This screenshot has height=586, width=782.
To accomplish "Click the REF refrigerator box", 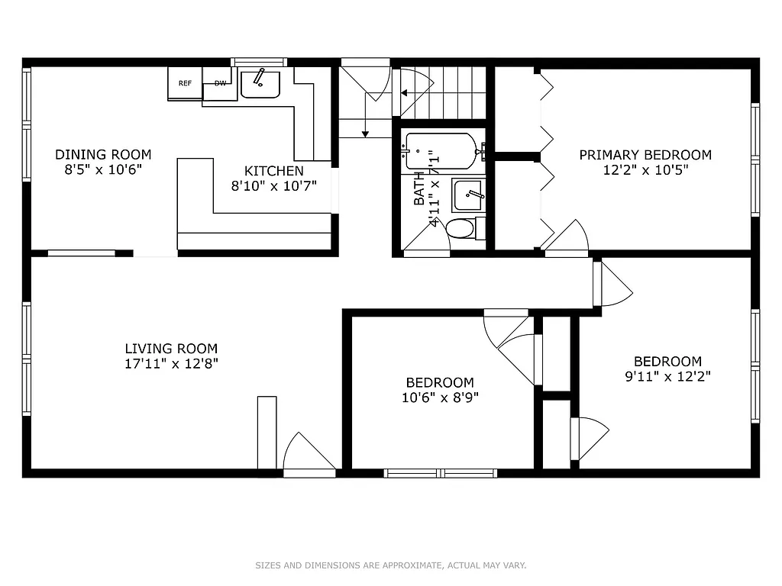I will (x=185, y=84).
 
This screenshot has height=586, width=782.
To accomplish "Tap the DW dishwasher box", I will (x=220, y=84).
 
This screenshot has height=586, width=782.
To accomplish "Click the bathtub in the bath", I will (x=440, y=151).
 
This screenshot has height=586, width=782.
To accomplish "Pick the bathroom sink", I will (x=467, y=195).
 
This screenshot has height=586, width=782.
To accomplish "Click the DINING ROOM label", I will (x=103, y=155).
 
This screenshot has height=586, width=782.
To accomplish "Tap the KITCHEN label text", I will (x=273, y=171).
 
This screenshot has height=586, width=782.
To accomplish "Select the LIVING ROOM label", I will (x=171, y=349).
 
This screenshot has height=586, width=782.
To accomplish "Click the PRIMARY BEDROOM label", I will (x=645, y=155).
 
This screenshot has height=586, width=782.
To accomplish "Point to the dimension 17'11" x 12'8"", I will (x=171, y=364).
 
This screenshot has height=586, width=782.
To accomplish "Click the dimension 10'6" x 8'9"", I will (x=439, y=397).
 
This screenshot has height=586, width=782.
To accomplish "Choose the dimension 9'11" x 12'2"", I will (x=667, y=375).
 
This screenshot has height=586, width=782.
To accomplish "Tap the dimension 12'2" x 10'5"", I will (x=645, y=170).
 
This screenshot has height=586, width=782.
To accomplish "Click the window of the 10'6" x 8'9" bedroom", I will (x=440, y=473).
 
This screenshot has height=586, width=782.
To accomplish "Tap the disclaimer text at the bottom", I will (x=390, y=565).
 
